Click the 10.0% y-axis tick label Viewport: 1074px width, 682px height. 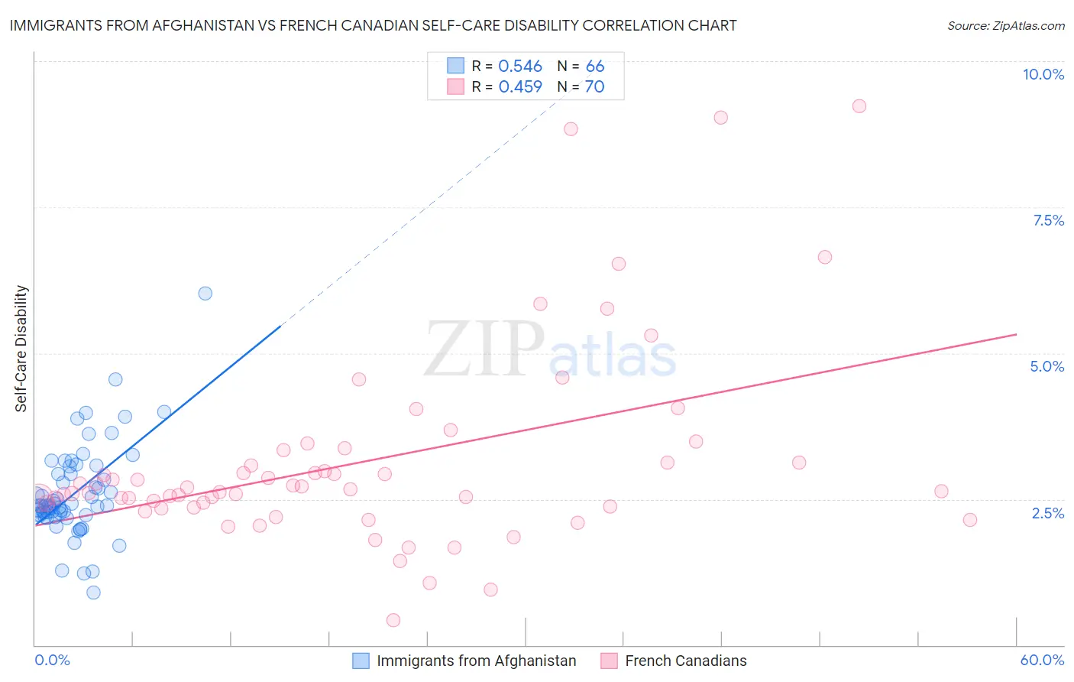[1043, 74]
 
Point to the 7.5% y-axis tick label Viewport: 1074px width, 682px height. [1048, 220]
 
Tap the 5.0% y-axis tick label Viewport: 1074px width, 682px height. [1047, 366]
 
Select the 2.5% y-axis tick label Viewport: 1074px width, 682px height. [1047, 513]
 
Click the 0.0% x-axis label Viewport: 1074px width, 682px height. [52, 660]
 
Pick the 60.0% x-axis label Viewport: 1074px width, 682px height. [1042, 660]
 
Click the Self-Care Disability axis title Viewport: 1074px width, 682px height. [21, 349]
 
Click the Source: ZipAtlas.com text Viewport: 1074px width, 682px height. [1005, 25]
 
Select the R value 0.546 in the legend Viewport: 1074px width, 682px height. [519, 66]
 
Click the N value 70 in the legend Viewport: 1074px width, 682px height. [594, 86]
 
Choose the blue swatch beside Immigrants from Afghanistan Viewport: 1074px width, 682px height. [361, 661]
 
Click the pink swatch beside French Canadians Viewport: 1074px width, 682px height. [609, 661]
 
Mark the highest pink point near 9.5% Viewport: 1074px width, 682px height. [859, 106]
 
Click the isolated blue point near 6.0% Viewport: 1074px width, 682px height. [205, 293]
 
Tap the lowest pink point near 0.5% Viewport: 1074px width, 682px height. [393, 620]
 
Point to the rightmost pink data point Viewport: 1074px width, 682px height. [970, 520]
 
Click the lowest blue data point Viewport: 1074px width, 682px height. [93, 593]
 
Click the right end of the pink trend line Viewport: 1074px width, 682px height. [1017, 334]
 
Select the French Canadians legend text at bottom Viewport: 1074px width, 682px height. [685, 661]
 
